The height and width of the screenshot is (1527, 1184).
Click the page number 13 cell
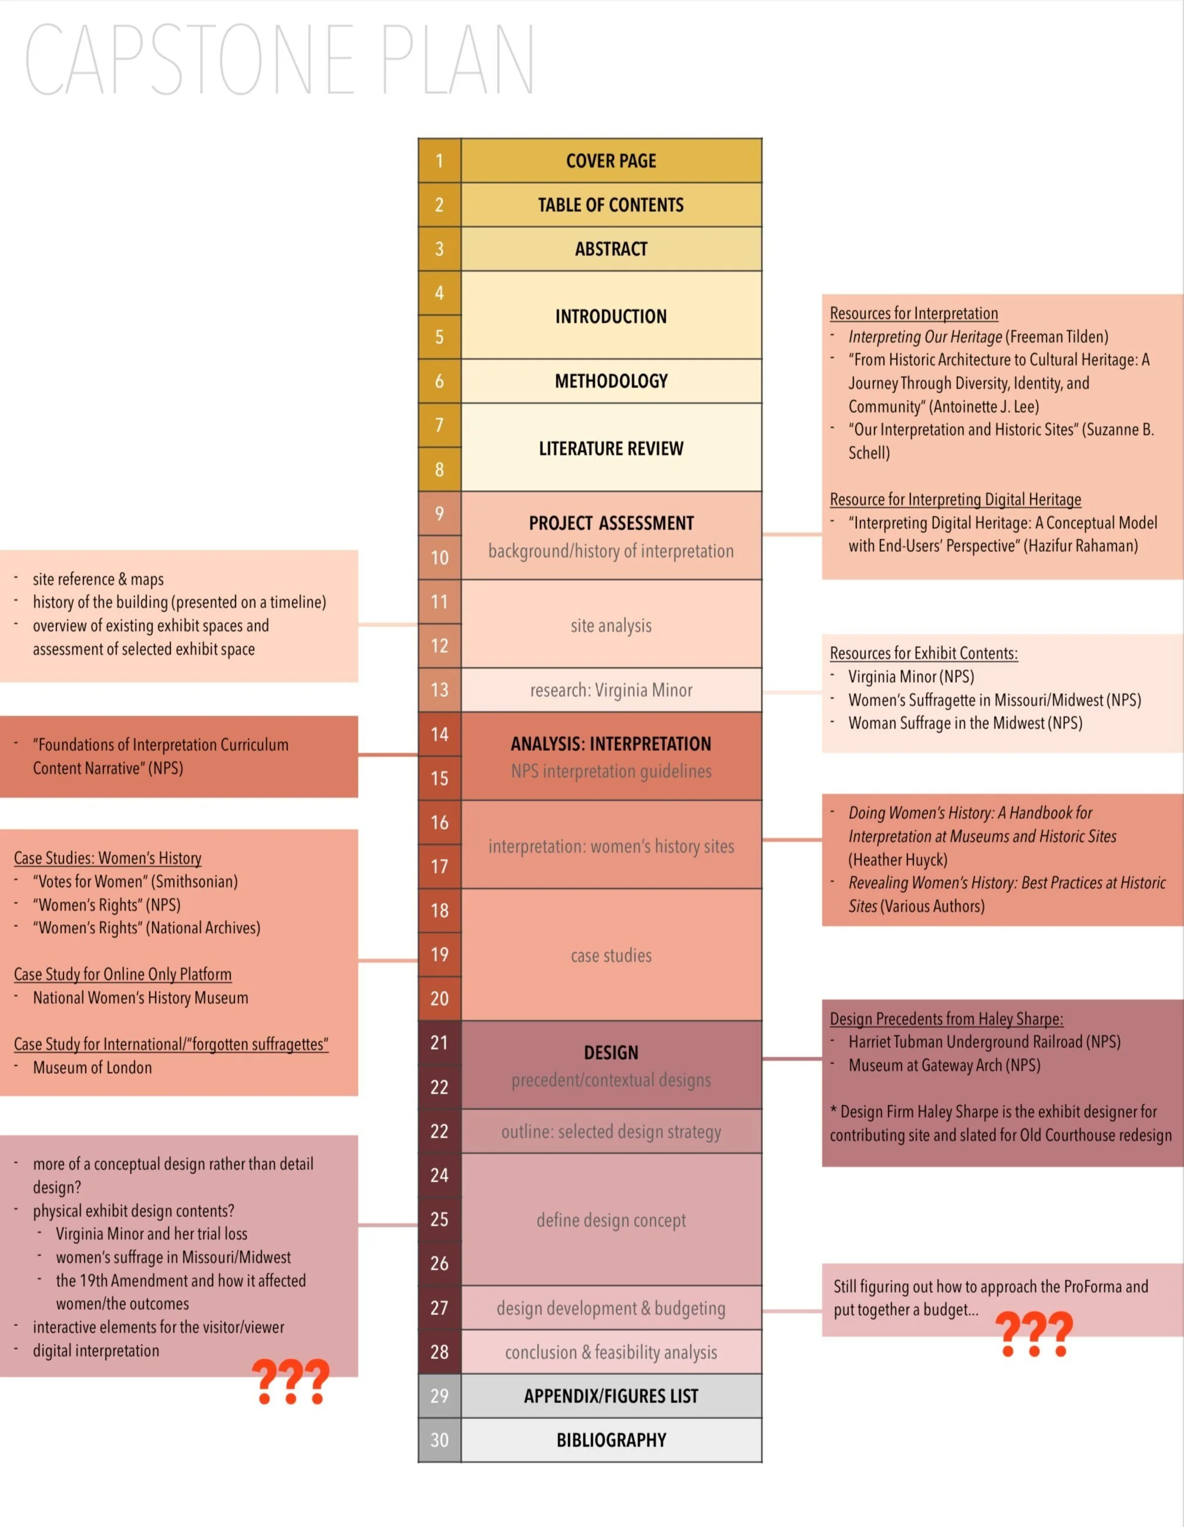pyautogui.click(x=439, y=690)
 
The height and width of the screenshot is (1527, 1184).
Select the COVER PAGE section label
pyautogui.click(x=611, y=161)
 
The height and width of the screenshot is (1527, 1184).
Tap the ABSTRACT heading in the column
pyautogui.click(x=611, y=249)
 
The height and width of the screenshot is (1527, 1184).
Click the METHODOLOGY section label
pyautogui.click(x=611, y=381)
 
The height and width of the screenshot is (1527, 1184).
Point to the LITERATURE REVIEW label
pyautogui.click(x=611, y=448)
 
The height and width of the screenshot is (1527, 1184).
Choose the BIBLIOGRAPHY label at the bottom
pyautogui.click(x=611, y=1440)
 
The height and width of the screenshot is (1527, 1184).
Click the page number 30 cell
pyautogui.click(x=439, y=1440)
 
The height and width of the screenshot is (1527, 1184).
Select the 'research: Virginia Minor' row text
pyautogui.click(x=611, y=690)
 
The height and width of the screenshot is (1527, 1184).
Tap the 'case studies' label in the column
pyautogui.click(x=611, y=955)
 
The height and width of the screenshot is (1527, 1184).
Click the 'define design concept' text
pyautogui.click(x=611, y=1220)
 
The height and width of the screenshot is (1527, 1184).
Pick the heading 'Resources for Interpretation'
pyautogui.click(x=913, y=314)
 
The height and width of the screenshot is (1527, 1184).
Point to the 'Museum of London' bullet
pyautogui.click(x=92, y=1068)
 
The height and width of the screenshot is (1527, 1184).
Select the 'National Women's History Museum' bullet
pyautogui.click(x=140, y=997)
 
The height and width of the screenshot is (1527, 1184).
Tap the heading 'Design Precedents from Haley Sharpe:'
pyautogui.click(x=946, y=1019)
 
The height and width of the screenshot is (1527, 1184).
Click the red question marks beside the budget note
pyautogui.click(x=1033, y=1334)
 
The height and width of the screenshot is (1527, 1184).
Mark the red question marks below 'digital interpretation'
pyautogui.click(x=290, y=1381)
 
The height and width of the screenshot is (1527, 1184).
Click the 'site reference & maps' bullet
pyautogui.click(x=98, y=579)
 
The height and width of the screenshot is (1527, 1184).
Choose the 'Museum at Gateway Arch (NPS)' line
pyautogui.click(x=944, y=1066)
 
